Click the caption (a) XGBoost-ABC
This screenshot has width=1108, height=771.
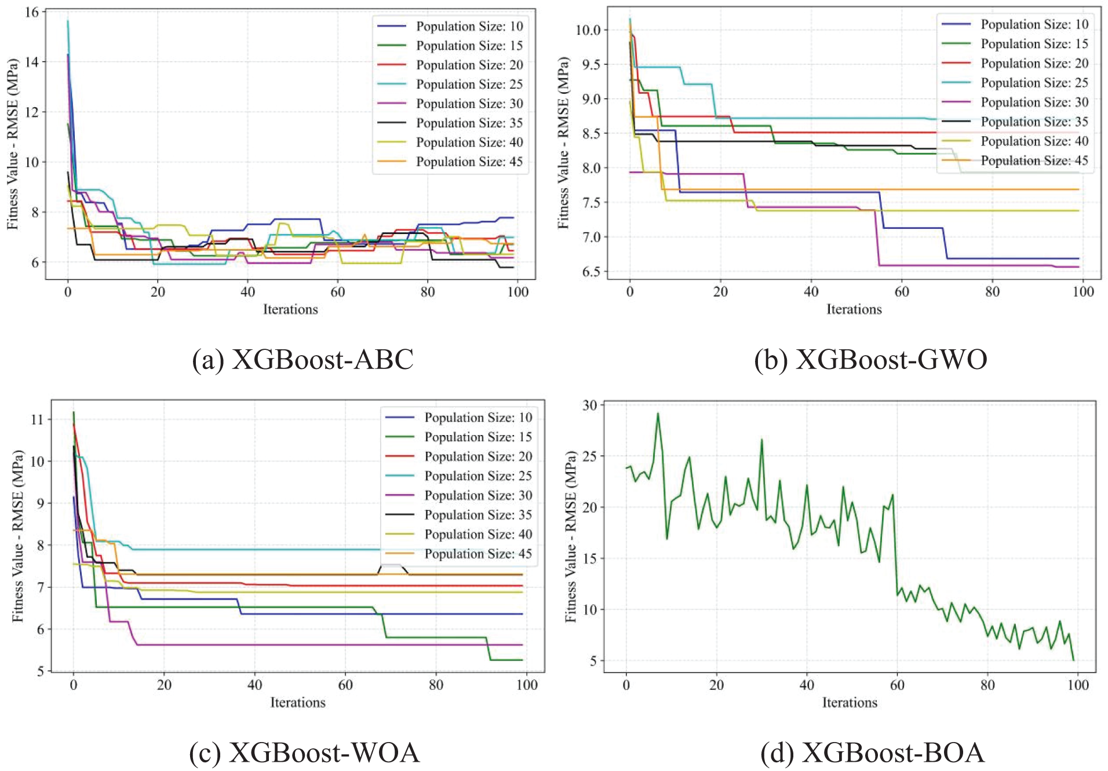302,360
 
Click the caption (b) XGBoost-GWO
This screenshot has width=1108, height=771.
870,360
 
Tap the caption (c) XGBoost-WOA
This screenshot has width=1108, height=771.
304,752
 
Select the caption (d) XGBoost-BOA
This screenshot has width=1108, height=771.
872,752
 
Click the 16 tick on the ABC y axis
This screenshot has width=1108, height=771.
32,12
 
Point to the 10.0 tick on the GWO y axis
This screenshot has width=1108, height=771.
588,30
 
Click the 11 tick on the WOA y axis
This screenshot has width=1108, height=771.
37,419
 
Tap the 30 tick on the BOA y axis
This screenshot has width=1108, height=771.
589,405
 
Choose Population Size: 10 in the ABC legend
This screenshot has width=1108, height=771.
469,27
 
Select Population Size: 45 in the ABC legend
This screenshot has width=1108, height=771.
469,162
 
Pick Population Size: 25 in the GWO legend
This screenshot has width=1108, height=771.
1034,83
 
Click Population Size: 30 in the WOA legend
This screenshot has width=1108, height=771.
478,496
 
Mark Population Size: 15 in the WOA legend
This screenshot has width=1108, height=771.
478,437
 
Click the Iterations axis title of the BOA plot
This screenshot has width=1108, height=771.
850,703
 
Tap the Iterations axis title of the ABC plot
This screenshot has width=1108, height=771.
290,309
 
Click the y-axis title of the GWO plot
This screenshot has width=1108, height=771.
563,142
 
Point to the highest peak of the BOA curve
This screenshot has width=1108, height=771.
658,414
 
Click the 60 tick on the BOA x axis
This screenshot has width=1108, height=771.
897,685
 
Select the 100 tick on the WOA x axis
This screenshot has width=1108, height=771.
527,685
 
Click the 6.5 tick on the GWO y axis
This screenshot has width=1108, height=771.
590,272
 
